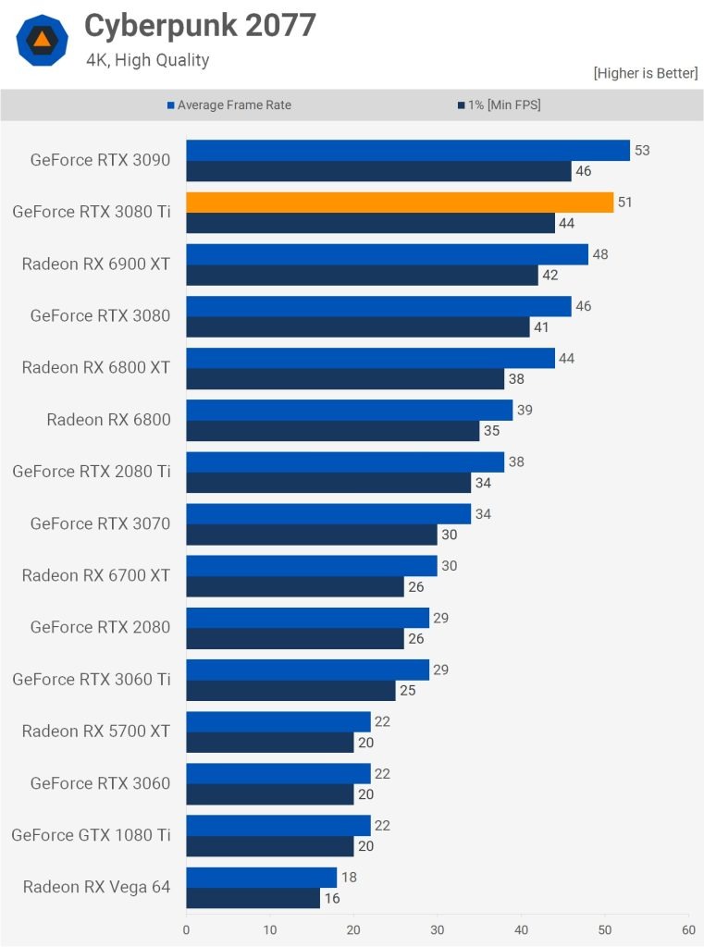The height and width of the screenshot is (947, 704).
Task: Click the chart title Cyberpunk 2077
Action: point(200,26)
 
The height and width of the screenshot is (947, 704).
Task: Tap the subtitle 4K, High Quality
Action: point(148,60)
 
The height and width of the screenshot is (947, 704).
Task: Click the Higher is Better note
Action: point(645,73)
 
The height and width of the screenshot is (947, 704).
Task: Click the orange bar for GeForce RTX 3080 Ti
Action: point(400,203)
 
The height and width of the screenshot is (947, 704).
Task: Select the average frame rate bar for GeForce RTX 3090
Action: point(408,151)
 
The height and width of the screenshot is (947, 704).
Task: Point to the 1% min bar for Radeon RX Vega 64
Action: point(253,898)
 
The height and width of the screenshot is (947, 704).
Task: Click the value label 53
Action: point(642,151)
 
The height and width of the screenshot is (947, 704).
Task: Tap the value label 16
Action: point(332,898)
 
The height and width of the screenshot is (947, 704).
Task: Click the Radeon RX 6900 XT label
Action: point(96,264)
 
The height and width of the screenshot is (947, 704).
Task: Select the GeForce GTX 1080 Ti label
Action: point(91,835)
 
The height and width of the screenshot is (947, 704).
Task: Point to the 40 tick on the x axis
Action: point(521,929)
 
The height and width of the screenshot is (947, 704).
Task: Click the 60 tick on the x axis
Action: point(687,929)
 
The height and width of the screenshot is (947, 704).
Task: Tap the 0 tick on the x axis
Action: point(187,929)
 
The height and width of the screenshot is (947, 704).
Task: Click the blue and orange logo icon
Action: point(42,40)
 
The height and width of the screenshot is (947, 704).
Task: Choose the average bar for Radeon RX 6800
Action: point(349,411)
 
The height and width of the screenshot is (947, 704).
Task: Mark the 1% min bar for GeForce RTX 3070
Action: point(312,535)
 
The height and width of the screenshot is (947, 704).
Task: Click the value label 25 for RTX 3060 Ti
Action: point(407,691)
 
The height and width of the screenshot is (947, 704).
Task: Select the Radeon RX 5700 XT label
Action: point(96,732)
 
